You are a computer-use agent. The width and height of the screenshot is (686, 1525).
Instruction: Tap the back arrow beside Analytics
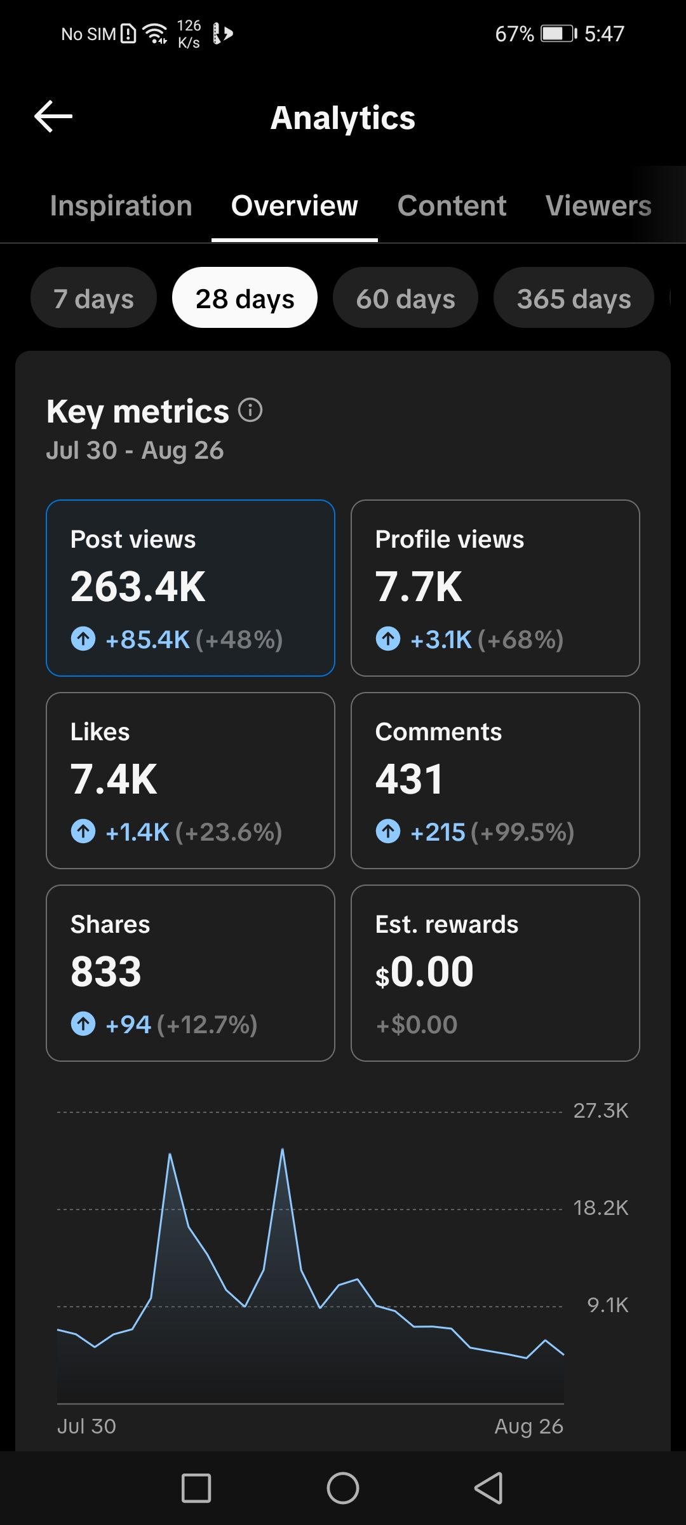[x=53, y=116]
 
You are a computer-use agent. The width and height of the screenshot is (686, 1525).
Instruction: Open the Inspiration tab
[x=121, y=206]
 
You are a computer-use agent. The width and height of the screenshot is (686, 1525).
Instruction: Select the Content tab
[x=452, y=206]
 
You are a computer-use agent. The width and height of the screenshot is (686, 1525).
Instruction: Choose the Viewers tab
[x=598, y=206]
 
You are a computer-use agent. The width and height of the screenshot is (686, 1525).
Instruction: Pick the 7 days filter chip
[x=93, y=298]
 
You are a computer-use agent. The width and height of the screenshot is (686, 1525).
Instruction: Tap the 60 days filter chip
[x=405, y=298]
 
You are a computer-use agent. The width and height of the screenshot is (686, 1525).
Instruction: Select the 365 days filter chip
[x=574, y=298]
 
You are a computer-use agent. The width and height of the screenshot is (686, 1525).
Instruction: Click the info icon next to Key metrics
[x=250, y=410]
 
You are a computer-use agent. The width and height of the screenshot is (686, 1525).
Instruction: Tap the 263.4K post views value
[x=138, y=586]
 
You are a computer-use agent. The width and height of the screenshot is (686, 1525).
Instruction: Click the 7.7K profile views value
[x=419, y=586]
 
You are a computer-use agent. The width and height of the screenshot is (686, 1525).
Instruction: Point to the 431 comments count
[x=409, y=779]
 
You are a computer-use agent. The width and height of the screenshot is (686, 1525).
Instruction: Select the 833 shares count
[x=106, y=972]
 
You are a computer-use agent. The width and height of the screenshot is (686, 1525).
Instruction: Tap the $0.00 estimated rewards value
[x=424, y=972]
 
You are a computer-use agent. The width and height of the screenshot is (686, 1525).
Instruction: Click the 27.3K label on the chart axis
[x=601, y=1111]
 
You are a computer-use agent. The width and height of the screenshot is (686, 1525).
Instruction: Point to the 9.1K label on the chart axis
[x=608, y=1305]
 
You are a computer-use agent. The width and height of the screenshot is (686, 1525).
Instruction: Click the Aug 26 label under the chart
[x=529, y=1427]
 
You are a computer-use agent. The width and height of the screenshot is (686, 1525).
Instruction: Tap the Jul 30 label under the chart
[x=87, y=1427]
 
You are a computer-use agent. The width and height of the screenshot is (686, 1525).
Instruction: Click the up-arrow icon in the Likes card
[x=83, y=831]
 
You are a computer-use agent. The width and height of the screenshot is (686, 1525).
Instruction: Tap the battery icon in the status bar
[x=559, y=33]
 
